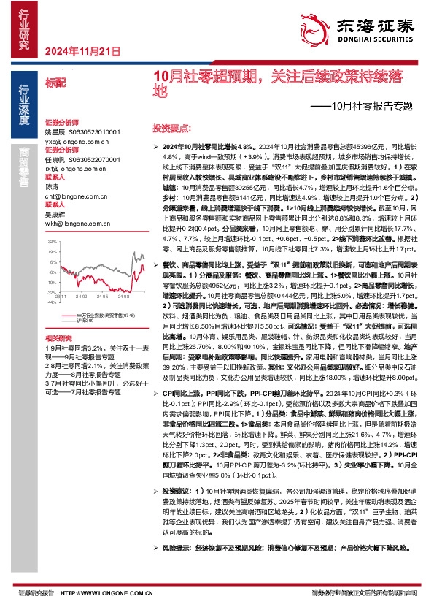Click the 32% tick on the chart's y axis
[52, 240]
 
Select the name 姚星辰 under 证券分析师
[55, 132]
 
